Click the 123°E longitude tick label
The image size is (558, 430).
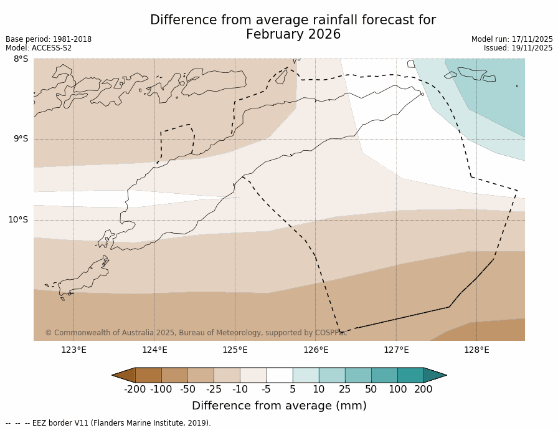[x=73, y=350]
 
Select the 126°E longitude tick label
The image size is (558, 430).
[x=316, y=350]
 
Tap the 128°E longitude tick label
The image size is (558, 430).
[x=476, y=350]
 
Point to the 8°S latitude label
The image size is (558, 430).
[x=21, y=59]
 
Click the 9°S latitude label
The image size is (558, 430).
[x=21, y=139]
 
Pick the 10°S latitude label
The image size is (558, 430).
[x=18, y=219]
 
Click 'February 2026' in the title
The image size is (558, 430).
[x=293, y=35]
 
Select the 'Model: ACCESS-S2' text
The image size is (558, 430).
[x=39, y=48]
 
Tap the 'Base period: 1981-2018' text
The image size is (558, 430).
[x=49, y=39]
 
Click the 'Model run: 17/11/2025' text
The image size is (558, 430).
[x=512, y=39]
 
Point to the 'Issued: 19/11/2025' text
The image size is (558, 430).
[x=518, y=48]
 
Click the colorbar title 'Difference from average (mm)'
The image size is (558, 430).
[x=279, y=406]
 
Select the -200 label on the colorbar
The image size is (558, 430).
[x=135, y=389]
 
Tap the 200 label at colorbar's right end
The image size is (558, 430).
[x=423, y=389]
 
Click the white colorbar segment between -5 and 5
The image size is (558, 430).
[x=279, y=375]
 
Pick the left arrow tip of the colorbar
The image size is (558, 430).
[x=113, y=375]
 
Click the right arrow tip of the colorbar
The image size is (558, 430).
[x=445, y=375]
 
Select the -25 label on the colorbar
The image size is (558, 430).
[x=214, y=389]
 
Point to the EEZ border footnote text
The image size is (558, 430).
[x=108, y=423]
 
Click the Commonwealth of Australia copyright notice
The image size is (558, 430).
[x=196, y=333]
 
